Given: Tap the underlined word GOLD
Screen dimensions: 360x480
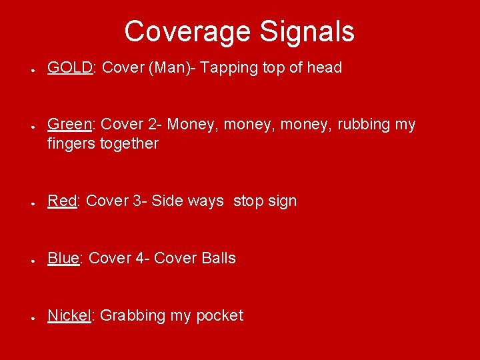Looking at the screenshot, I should pos(69,68).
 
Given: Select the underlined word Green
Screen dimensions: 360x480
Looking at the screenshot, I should pos(69,125).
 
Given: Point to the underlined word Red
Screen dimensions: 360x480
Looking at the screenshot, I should pos(62,201).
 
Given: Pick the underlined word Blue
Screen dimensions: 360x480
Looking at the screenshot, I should pos(63,259).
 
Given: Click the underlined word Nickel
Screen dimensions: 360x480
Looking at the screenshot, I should pos(69,316).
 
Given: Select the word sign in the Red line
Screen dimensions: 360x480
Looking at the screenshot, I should pos(283,201).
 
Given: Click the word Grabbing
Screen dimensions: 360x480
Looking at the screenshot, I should pos(133,316).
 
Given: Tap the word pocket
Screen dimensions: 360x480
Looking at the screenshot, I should pos(219,316).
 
